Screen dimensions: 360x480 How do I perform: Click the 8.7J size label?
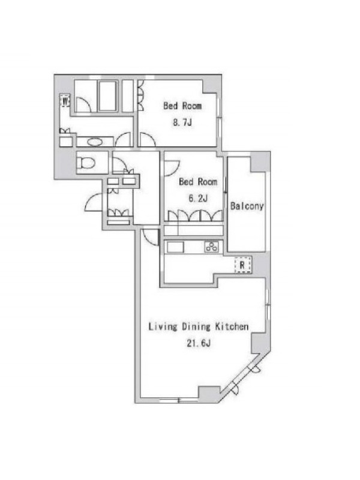pos(182,123)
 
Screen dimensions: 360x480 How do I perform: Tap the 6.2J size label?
pos(198,199)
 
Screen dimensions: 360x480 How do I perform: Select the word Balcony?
pos(247,206)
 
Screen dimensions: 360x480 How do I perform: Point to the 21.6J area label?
pos(199,343)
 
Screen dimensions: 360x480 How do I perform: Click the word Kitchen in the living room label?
pos(232,326)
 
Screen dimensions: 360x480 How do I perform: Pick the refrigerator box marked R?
pos(243,265)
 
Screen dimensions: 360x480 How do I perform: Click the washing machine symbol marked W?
pos(65,100)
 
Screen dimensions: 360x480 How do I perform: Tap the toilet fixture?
pos(85,163)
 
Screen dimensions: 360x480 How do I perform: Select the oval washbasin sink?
pos(95,142)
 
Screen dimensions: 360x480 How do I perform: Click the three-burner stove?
pos(212,247)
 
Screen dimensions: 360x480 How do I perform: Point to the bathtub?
pos(107,96)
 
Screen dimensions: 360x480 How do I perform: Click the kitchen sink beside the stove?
pos(175,247)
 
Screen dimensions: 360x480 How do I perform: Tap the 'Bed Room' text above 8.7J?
pos(182,106)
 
